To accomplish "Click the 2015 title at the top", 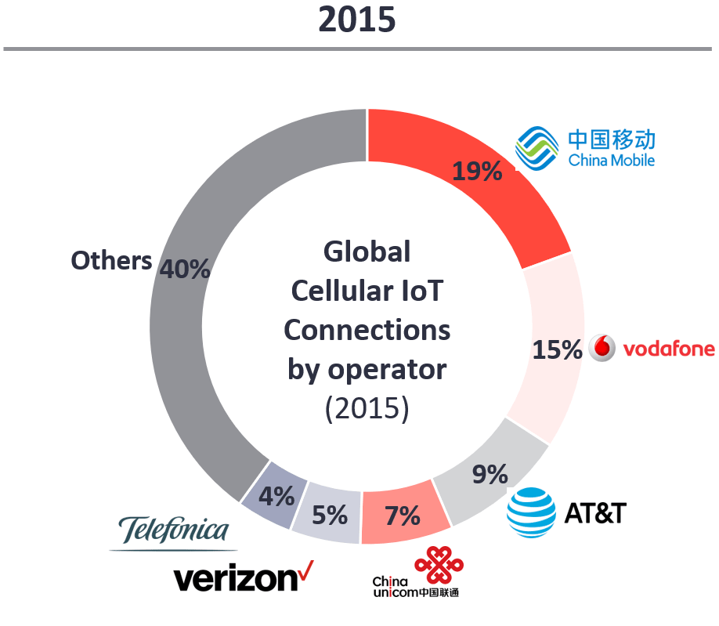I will point(356,20).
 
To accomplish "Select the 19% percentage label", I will point(477,170).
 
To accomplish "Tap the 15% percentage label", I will point(557,349).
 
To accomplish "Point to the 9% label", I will point(490,474).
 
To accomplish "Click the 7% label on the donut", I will point(403,516).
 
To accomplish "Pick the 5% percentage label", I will point(329,515).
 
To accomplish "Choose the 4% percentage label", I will point(277,496).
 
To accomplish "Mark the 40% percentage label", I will point(185,269).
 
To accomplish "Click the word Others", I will point(111,261).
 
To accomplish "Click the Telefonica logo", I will point(174,531).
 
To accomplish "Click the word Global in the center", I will point(367,252).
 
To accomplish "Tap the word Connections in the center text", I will point(367,330).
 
